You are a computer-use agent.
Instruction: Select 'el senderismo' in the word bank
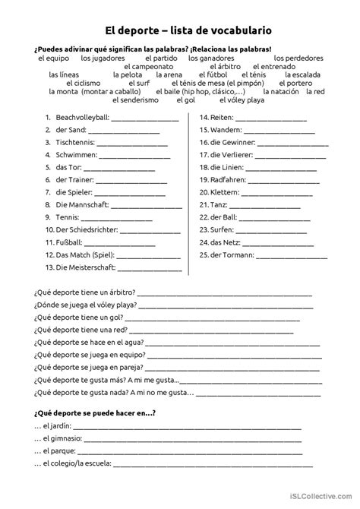pyautogui.click(x=135, y=100)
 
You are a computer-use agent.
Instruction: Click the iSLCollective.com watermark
pyautogui.click(x=321, y=495)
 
